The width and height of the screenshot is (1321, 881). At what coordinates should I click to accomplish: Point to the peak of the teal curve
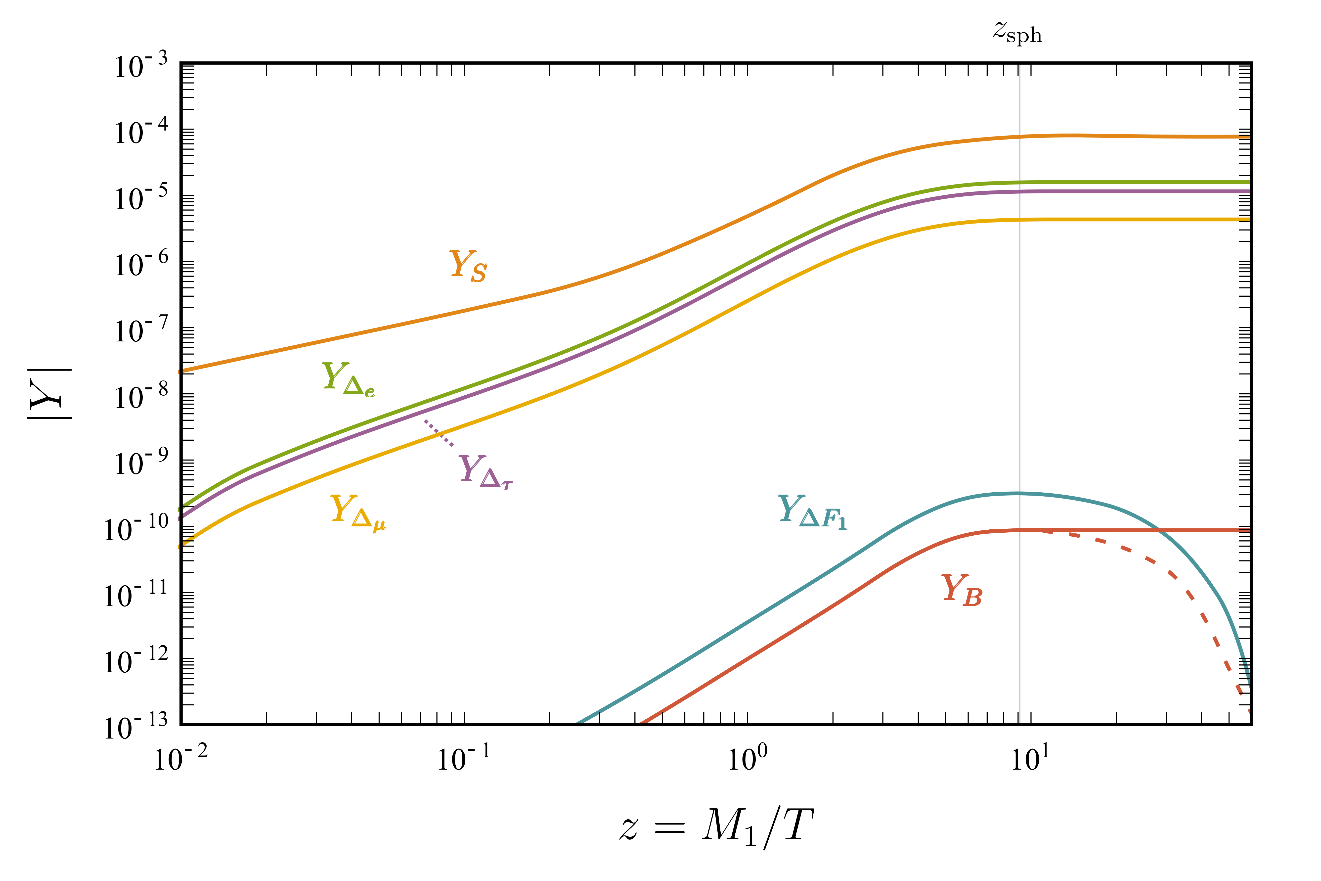[1018, 493]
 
